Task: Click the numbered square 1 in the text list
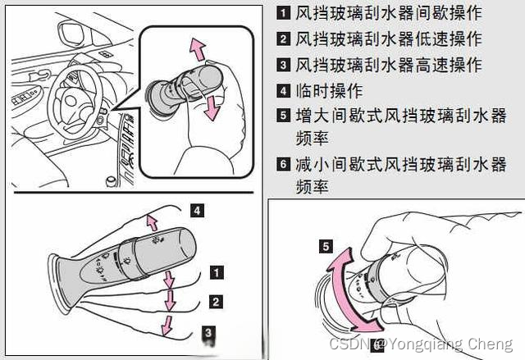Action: tap(283, 13)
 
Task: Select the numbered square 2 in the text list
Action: tap(283, 39)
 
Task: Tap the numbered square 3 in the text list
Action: tap(283, 65)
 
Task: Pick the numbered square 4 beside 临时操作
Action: tap(283, 91)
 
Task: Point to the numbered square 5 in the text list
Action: tap(283, 116)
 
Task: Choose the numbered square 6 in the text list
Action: tap(283, 164)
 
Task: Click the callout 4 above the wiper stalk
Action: tap(197, 211)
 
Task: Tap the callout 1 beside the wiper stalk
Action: tap(217, 272)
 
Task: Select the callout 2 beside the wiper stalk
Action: tap(216, 302)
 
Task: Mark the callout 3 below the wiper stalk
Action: tap(208, 333)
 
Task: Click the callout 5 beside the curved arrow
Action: tap(326, 247)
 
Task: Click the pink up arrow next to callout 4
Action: tap(153, 223)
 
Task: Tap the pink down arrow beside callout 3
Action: tap(167, 326)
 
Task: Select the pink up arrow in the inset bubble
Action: tap(198, 49)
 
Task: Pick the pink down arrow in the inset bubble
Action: tap(212, 107)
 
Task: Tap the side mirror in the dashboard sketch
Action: tap(71, 33)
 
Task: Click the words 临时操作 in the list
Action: tap(329, 91)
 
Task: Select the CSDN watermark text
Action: tap(421, 344)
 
